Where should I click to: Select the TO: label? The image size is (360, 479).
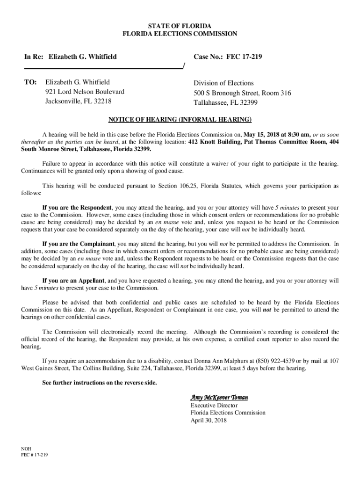(x=30, y=82)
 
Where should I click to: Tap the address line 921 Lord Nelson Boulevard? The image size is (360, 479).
(x=85, y=92)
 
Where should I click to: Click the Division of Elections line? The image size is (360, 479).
(x=224, y=83)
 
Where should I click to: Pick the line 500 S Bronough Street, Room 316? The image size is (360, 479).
(x=242, y=93)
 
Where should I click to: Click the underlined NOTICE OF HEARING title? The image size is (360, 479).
(x=180, y=118)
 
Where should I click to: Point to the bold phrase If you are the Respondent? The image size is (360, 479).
(x=77, y=207)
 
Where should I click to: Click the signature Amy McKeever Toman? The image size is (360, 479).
(x=219, y=397)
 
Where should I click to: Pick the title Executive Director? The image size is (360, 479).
(x=214, y=405)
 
